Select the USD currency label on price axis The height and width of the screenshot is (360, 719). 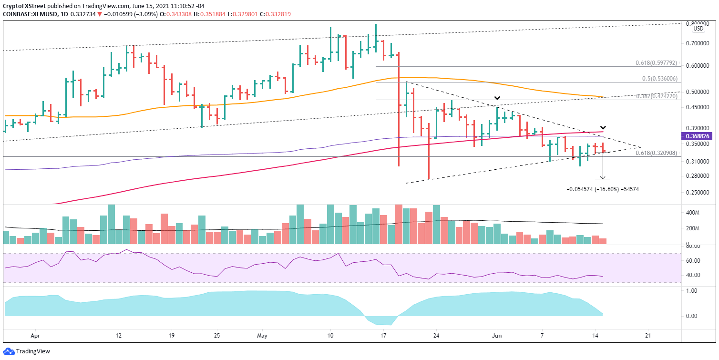698,29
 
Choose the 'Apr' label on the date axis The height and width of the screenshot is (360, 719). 34,335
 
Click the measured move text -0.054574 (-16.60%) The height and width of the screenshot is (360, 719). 602,189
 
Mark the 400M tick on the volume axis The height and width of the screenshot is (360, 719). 700,213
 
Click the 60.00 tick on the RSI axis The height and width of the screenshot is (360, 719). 700,261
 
